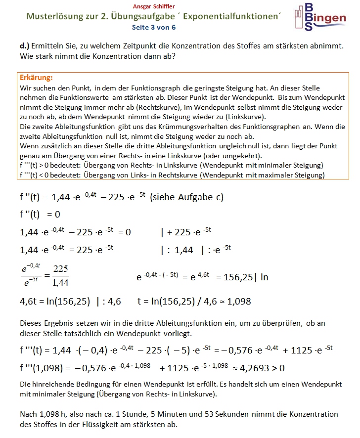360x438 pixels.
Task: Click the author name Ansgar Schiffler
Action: tap(154, 6)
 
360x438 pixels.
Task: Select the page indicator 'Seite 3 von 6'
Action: tap(154, 28)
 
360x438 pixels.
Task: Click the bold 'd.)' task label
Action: tap(25, 45)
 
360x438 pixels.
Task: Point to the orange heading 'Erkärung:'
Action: tap(36, 78)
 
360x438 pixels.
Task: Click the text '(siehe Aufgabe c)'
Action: tap(187, 197)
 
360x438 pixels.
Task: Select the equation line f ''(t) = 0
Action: tap(40, 215)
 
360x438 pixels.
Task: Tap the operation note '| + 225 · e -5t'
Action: tap(186, 232)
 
